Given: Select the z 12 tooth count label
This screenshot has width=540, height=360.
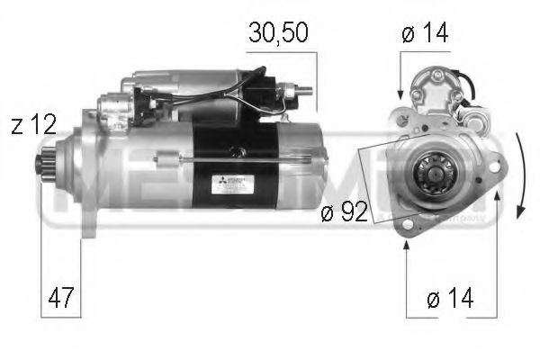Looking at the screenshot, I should (x=31, y=126).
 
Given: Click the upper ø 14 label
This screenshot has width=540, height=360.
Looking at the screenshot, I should (x=424, y=34).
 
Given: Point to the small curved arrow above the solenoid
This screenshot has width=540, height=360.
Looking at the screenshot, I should (x=466, y=86).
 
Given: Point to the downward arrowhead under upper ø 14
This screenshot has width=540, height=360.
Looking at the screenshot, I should (x=400, y=93).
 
